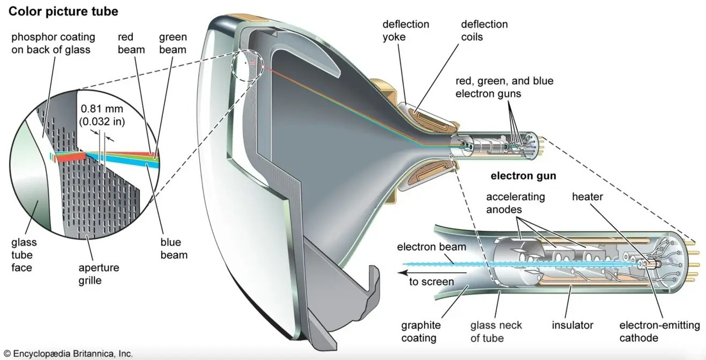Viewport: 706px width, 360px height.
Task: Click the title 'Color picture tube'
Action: tap(63, 12)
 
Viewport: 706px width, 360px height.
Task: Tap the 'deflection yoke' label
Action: tap(406, 31)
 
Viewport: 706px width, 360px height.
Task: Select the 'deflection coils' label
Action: tap(484, 31)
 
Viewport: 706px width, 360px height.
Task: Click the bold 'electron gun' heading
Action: tap(523, 176)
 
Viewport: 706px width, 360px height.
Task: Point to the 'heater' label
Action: tap(587, 197)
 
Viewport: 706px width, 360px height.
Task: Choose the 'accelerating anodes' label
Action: tap(515, 203)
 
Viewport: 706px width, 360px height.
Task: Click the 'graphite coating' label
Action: tap(421, 331)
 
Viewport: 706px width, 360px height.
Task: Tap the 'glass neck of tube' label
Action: tap(496, 331)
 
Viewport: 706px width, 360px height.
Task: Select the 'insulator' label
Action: tap(573, 325)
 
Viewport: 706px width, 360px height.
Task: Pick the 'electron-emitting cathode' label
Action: tap(659, 331)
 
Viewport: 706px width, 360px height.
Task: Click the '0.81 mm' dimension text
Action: tap(102, 109)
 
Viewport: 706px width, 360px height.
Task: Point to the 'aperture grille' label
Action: tap(99, 274)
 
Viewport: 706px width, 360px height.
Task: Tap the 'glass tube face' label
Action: tap(24, 255)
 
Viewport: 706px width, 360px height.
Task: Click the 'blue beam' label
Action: tap(174, 249)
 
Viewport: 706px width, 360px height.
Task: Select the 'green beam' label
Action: tap(173, 43)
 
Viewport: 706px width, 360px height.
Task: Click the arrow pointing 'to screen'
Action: tap(432, 273)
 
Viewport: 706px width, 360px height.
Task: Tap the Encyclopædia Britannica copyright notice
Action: tap(69, 354)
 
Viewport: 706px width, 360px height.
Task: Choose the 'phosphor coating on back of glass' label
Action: tap(53, 43)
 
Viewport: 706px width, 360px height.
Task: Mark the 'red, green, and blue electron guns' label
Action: tap(504, 87)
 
